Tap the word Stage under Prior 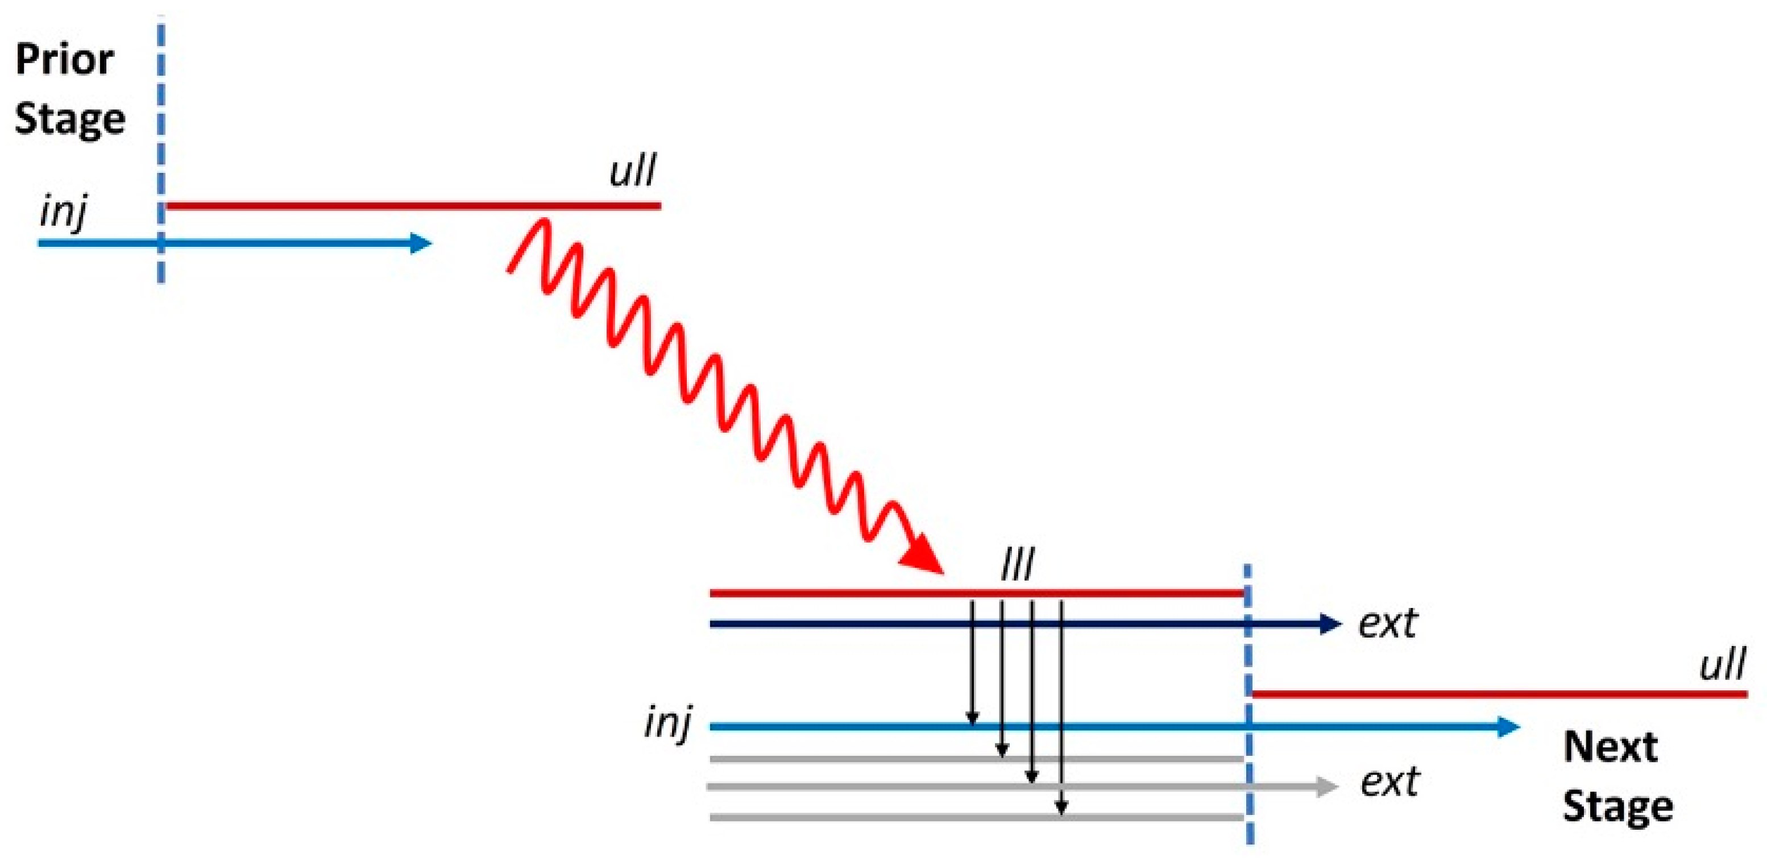70,120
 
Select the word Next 1610,747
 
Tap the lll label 1017,566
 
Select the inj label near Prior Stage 63,212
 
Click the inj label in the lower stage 667,723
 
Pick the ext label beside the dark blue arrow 1388,623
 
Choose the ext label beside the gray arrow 1389,782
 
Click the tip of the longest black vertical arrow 1061,811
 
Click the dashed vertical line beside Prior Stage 160,137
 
